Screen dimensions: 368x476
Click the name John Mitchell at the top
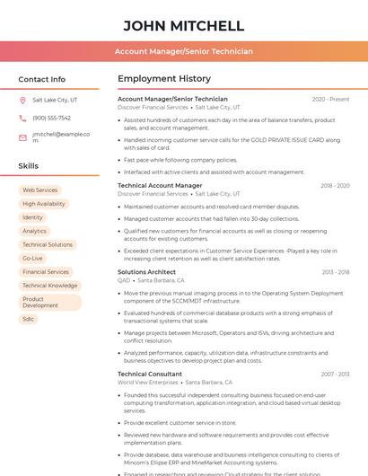pos(183,25)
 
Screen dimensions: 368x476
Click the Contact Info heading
pos(42,79)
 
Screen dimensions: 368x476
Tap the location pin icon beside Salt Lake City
pos(22,101)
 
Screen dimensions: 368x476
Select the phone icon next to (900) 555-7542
pos(22,118)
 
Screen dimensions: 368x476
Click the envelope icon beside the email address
pos(22,137)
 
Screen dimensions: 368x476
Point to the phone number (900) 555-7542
pos(51,118)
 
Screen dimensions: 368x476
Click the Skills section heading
pos(29,166)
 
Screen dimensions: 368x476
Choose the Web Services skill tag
pos(39,190)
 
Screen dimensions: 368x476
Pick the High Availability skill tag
pos(44,204)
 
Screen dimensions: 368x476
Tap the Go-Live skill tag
pos(32,258)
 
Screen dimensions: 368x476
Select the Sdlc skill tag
pos(29,319)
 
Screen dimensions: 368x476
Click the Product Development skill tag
pos(40,303)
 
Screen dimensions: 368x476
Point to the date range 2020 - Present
pos(330,100)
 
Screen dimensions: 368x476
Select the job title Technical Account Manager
pos(160,186)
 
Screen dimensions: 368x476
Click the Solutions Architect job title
pos(146,272)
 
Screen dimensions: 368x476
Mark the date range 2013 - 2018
pos(335,272)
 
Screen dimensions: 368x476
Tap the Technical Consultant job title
pos(150,374)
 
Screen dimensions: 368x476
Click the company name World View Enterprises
pos(148,383)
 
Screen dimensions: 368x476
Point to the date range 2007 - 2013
pos(335,374)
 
